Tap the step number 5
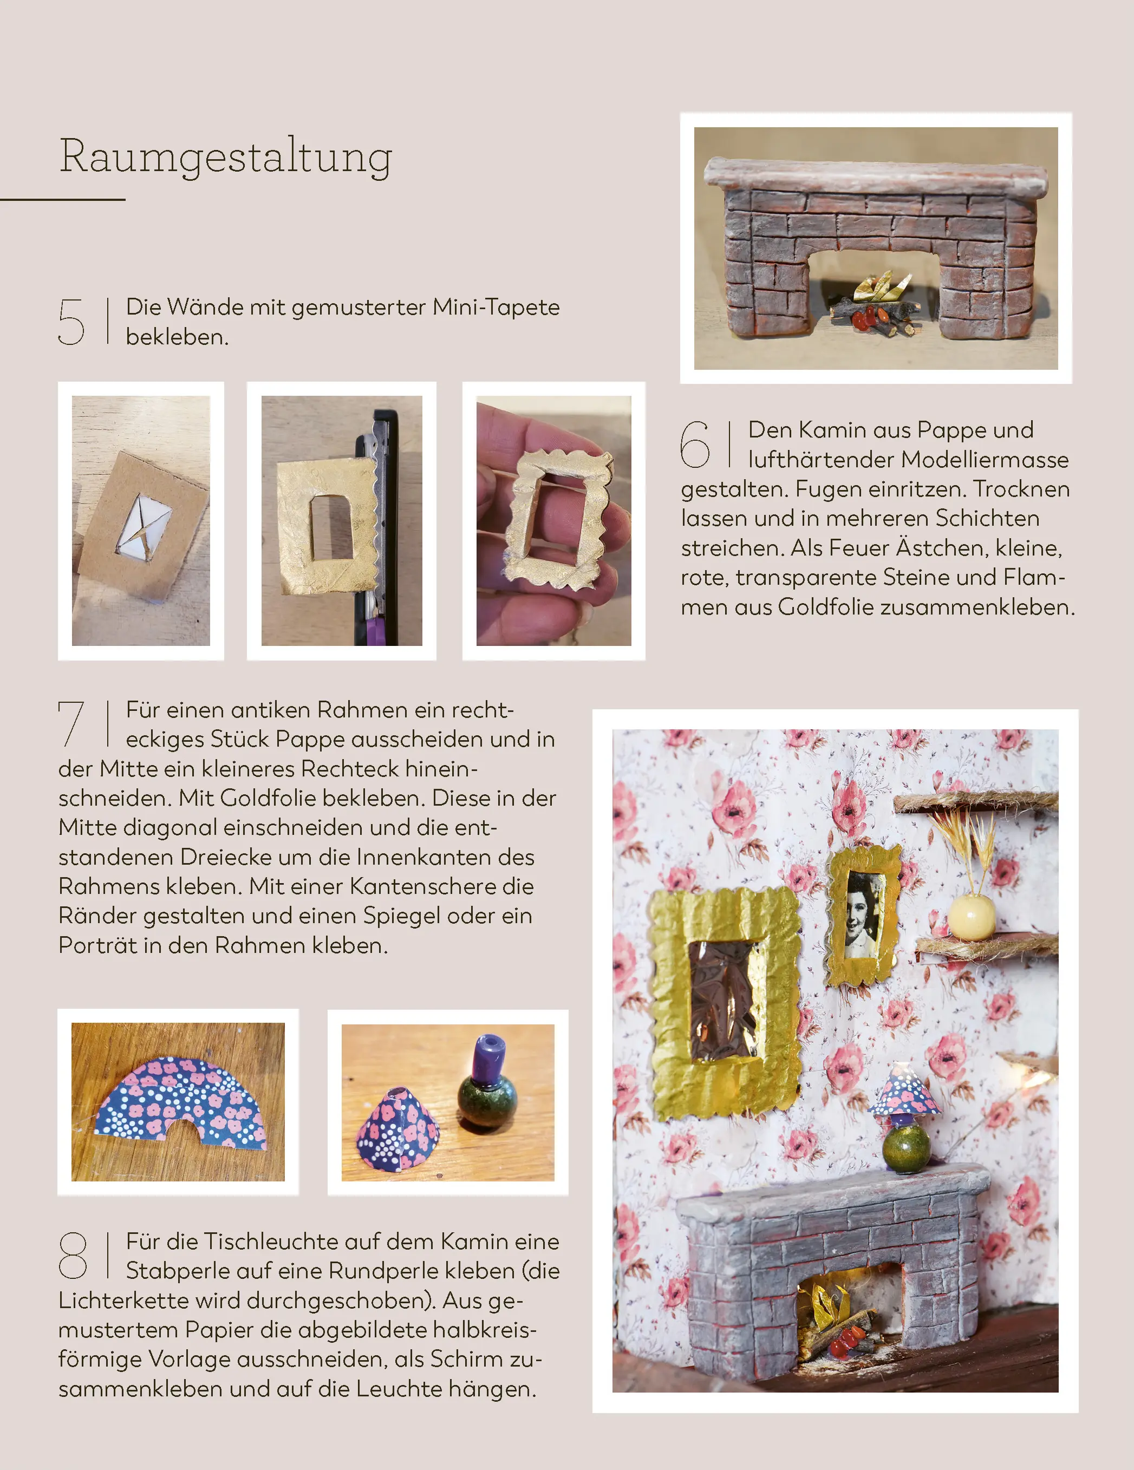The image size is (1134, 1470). click(x=71, y=322)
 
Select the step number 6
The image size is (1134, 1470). click(x=695, y=444)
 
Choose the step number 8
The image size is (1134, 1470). click(x=72, y=1255)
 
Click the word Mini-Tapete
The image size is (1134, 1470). click(x=496, y=307)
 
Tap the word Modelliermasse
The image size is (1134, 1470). click(x=985, y=459)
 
